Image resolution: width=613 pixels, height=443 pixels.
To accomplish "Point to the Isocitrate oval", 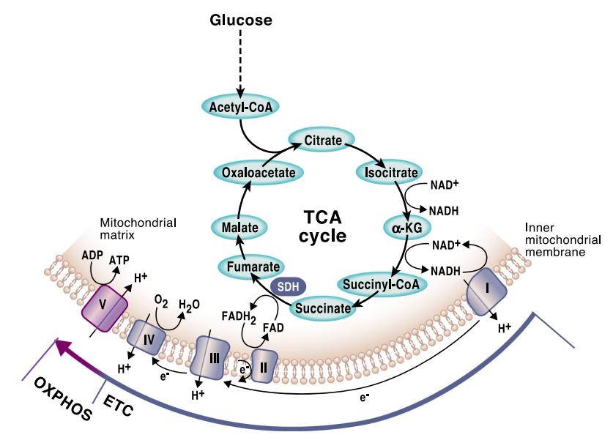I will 387,173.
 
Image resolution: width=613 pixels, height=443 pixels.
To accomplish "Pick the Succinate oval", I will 323,308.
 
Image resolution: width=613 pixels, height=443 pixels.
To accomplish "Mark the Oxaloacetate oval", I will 248,173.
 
